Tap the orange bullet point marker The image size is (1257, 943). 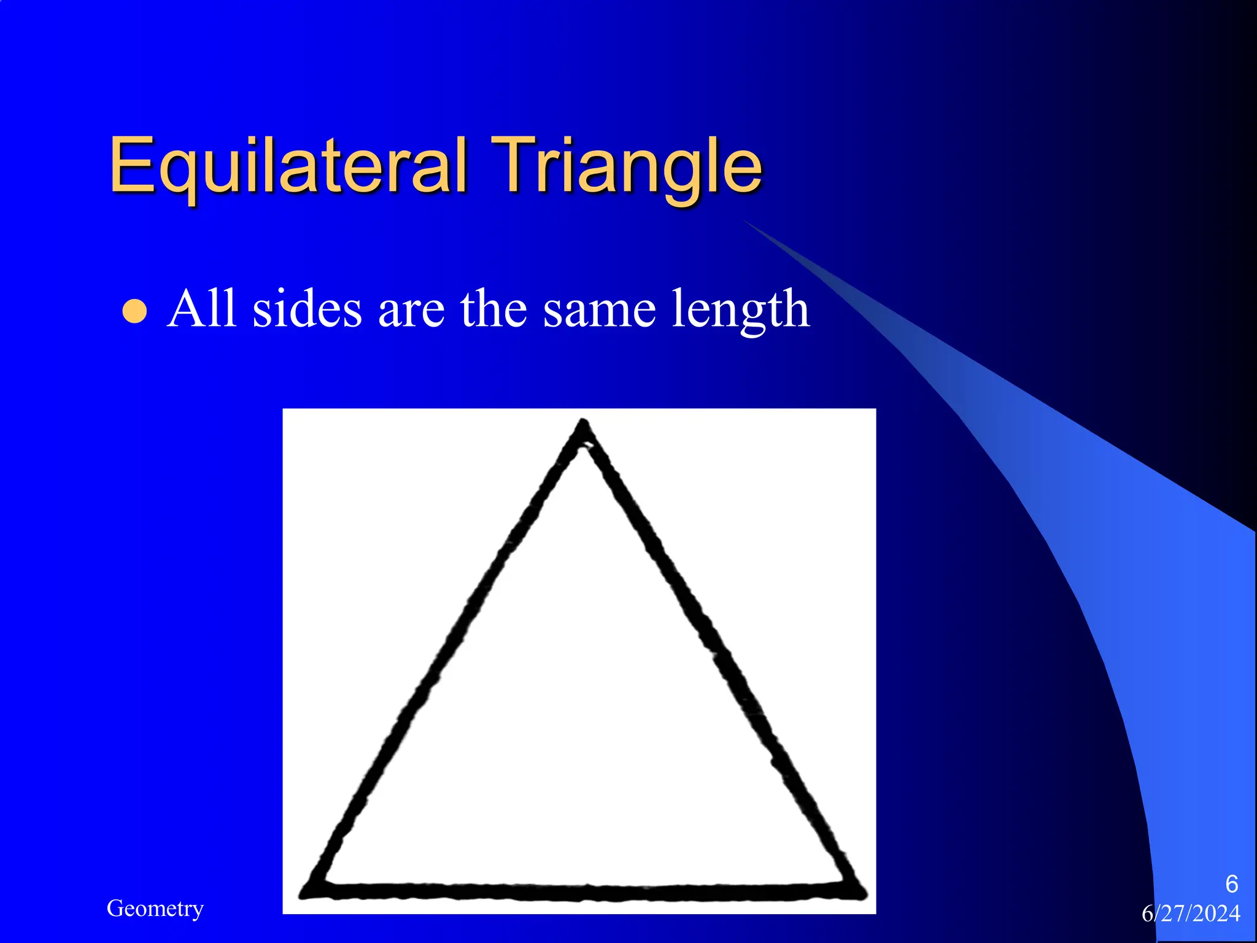(x=134, y=311)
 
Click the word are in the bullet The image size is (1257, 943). (x=411, y=310)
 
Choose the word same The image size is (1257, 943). (x=599, y=310)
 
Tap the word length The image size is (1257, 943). (x=740, y=310)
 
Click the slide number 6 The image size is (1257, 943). (x=1231, y=884)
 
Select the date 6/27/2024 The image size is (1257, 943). (x=1191, y=914)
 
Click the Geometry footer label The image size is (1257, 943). (x=155, y=908)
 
